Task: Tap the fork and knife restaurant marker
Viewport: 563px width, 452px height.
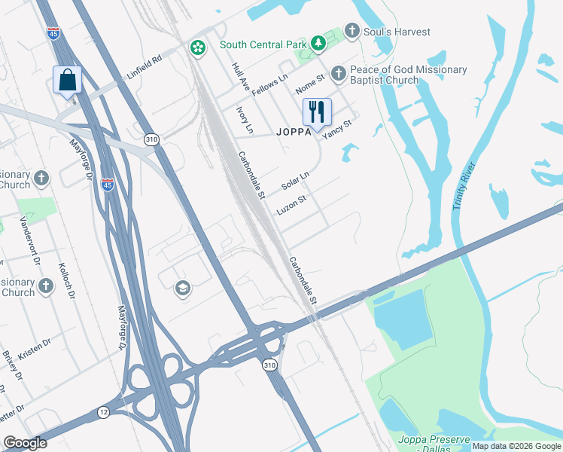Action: click(317, 112)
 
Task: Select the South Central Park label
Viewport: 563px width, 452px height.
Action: click(263, 45)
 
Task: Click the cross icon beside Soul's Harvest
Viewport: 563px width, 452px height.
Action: click(351, 31)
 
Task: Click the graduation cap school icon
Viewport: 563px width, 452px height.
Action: click(181, 288)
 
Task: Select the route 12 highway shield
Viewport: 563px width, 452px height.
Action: click(102, 411)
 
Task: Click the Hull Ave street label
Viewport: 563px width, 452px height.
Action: click(241, 78)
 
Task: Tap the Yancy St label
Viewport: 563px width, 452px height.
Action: click(337, 129)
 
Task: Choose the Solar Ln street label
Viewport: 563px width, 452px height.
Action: click(295, 182)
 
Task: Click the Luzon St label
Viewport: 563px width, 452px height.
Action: click(291, 206)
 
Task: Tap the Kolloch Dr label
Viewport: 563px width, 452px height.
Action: click(67, 281)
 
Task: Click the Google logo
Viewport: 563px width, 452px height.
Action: click(26, 443)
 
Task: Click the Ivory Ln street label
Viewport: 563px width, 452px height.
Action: click(245, 120)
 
